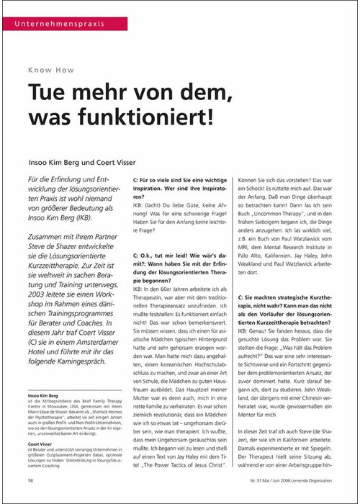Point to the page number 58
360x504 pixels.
click(x=30, y=478)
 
